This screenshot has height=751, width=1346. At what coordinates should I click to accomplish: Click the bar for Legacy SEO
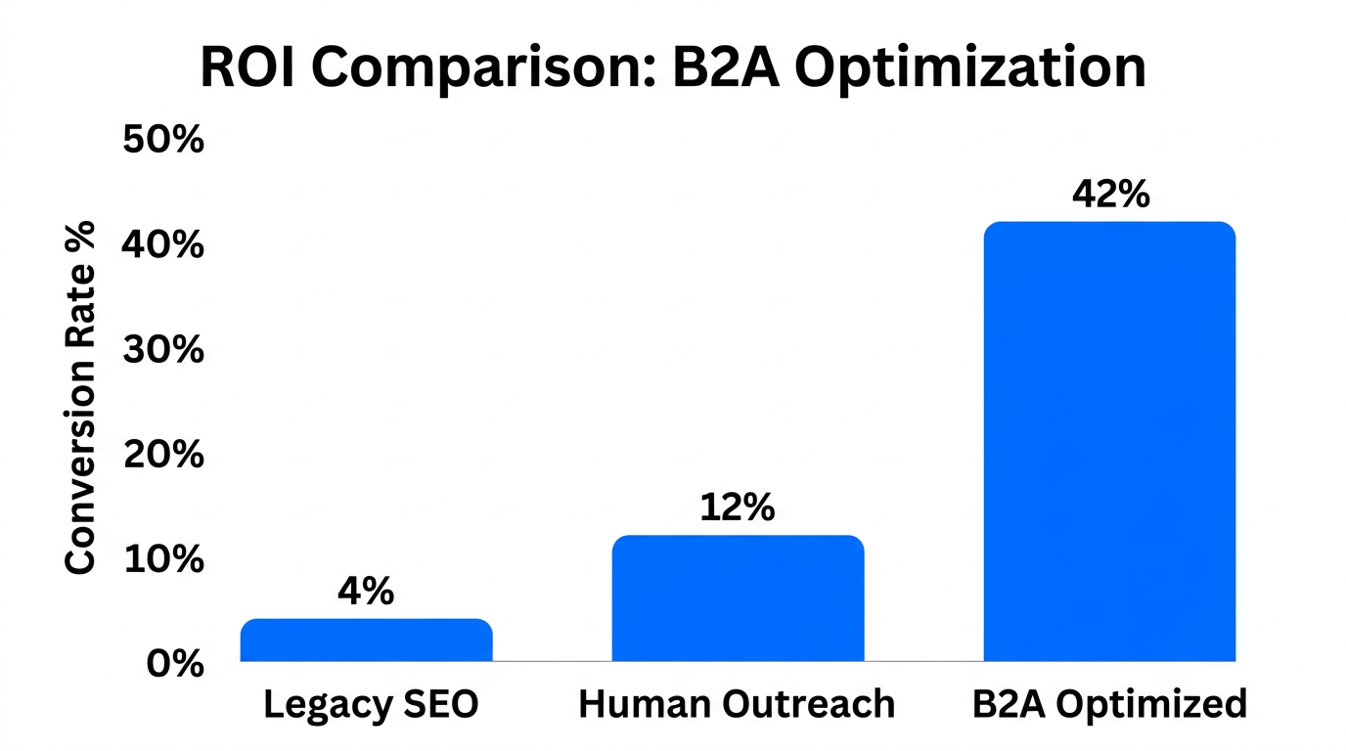[x=366, y=641]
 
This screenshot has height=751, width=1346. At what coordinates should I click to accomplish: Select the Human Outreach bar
[x=738, y=598]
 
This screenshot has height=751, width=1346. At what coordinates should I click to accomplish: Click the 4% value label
[x=366, y=591]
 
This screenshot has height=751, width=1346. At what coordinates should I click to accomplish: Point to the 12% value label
[x=738, y=508]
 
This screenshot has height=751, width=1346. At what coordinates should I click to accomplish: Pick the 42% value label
[x=1110, y=195]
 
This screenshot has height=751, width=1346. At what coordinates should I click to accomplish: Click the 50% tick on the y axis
[x=163, y=140]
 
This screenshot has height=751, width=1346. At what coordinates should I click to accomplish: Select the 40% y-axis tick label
[x=163, y=244]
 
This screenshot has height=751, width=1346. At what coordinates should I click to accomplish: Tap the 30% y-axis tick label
[x=163, y=349]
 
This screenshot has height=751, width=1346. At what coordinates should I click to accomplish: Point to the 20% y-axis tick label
[x=163, y=455]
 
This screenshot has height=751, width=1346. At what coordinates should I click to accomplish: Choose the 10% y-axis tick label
[x=163, y=559]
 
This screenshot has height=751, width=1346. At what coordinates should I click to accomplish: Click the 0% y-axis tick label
[x=175, y=664]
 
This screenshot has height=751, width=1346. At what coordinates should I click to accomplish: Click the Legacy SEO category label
[x=371, y=704]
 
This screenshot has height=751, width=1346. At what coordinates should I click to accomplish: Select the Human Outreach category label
[x=737, y=704]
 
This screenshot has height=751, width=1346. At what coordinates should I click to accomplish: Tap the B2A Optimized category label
[x=1110, y=704]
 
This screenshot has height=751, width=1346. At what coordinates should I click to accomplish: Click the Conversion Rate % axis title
[x=81, y=396]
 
